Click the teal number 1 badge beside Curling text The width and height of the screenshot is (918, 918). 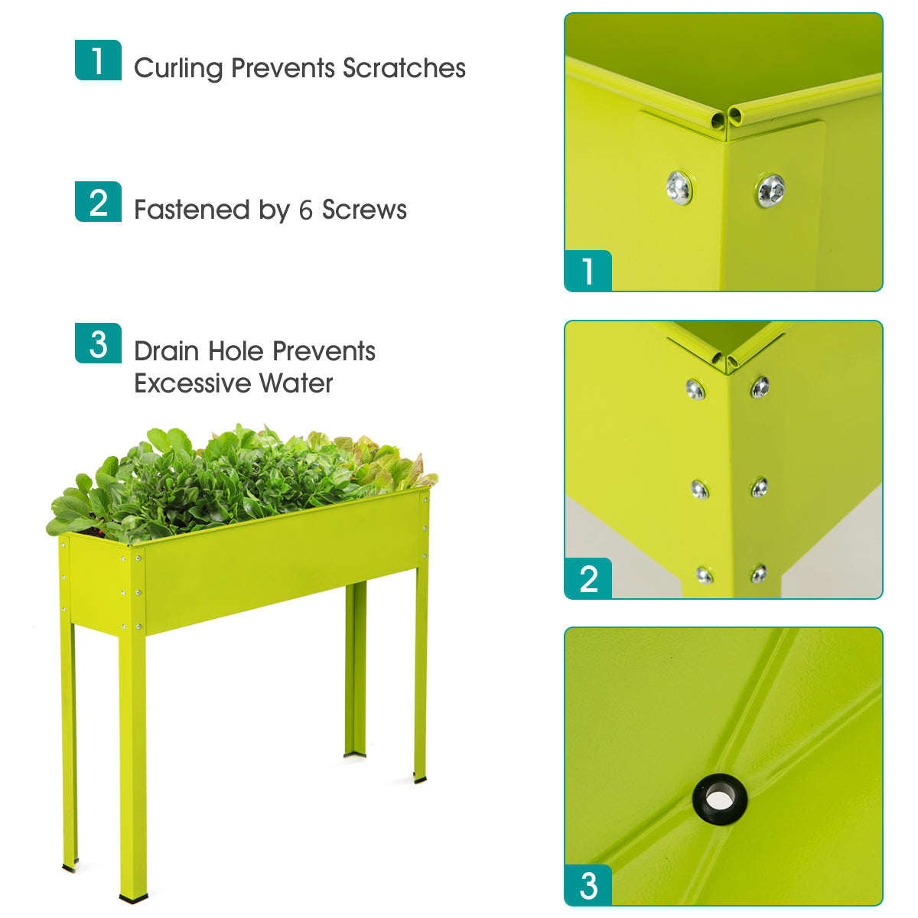[98, 60]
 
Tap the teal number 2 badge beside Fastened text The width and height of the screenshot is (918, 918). [98, 202]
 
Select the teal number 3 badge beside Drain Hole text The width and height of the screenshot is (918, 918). [98, 343]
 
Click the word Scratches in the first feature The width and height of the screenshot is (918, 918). [404, 68]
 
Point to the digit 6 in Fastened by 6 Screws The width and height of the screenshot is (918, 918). [306, 210]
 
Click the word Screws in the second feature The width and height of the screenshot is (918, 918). [364, 210]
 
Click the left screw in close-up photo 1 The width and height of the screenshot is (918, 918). [679, 187]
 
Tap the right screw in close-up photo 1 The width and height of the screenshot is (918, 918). [770, 190]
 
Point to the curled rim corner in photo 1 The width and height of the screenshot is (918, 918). [725, 117]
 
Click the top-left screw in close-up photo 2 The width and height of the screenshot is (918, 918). [695, 389]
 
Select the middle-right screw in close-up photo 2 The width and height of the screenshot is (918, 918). [759, 487]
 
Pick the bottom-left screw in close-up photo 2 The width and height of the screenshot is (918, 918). [704, 575]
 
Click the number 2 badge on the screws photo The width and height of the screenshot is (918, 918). [588, 579]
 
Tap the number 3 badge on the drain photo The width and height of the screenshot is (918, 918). [588, 886]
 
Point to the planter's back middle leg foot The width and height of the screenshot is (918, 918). [354, 755]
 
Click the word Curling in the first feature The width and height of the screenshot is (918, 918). [178, 68]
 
